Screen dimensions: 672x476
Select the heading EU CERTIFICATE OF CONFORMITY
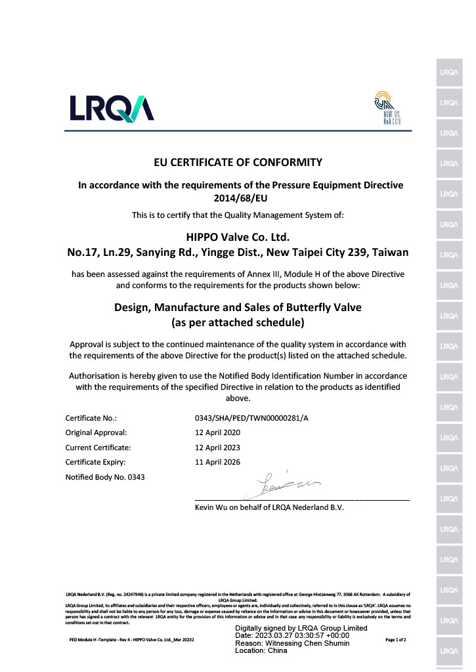pos(237,162)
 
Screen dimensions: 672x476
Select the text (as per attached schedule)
pos(238,322)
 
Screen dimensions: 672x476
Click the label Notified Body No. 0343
pos(105,477)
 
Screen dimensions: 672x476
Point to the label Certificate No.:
pos(91,417)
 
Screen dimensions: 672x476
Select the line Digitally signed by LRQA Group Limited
pos(301,628)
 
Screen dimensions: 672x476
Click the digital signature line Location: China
pos(261,651)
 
